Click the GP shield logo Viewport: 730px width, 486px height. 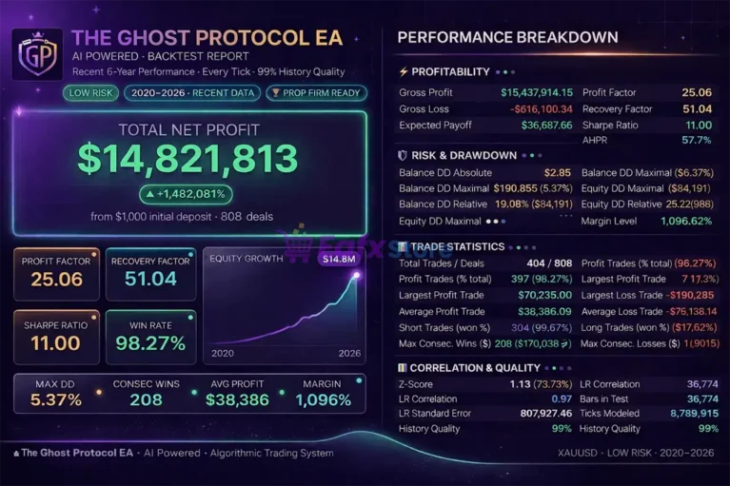click(x=37, y=53)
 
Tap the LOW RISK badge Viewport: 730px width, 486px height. click(x=91, y=93)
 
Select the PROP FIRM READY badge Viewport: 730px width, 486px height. click(x=315, y=93)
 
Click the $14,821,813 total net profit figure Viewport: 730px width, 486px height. click(x=189, y=159)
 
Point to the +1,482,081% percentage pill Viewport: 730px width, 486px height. click(x=187, y=194)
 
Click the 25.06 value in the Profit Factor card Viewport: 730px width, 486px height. click(x=56, y=279)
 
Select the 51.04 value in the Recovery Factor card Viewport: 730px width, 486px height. click(x=150, y=279)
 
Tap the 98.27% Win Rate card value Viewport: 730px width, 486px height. click(x=150, y=343)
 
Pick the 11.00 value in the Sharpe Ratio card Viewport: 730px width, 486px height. click(x=56, y=343)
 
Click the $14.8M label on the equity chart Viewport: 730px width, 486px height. click(x=338, y=259)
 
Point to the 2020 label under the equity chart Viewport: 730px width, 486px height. click(x=222, y=353)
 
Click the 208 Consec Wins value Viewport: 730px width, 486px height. click(x=146, y=400)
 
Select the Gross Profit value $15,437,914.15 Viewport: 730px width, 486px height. click(x=537, y=92)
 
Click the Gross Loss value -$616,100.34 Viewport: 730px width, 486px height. click(x=541, y=109)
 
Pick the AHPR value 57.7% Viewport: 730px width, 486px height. click(x=696, y=140)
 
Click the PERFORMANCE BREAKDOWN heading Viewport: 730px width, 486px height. click(x=506, y=38)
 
